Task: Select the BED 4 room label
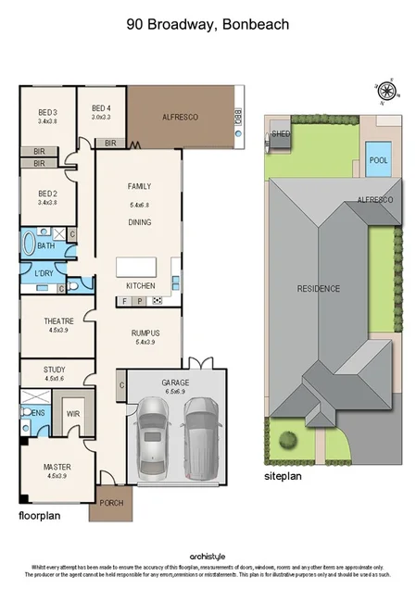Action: click(x=101, y=108)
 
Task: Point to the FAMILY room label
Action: click(x=139, y=186)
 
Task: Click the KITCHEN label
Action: click(x=140, y=285)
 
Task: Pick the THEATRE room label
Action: click(x=58, y=321)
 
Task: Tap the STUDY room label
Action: click(x=55, y=370)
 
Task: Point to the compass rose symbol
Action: click(x=386, y=90)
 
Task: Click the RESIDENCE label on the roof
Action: click(x=318, y=289)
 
